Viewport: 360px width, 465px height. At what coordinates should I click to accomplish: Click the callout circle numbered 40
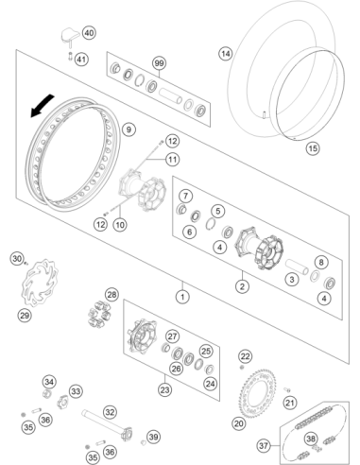[89, 33]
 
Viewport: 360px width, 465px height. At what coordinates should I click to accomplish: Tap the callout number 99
[160, 63]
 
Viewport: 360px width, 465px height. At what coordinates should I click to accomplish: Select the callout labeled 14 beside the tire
[226, 54]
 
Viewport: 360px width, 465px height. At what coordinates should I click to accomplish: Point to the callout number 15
[313, 148]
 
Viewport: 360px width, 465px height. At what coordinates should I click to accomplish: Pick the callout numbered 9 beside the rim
[129, 129]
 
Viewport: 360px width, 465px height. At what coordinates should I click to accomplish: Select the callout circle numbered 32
[110, 412]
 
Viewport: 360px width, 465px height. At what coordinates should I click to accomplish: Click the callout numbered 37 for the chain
[264, 445]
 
